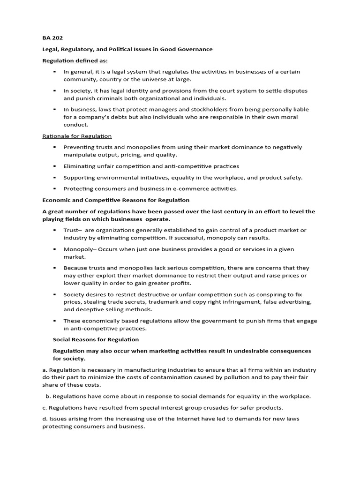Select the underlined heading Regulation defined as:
point(75,60)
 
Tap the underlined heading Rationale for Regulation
point(77,136)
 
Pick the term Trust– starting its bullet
point(73,230)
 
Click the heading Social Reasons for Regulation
point(96,339)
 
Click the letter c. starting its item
point(45,407)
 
